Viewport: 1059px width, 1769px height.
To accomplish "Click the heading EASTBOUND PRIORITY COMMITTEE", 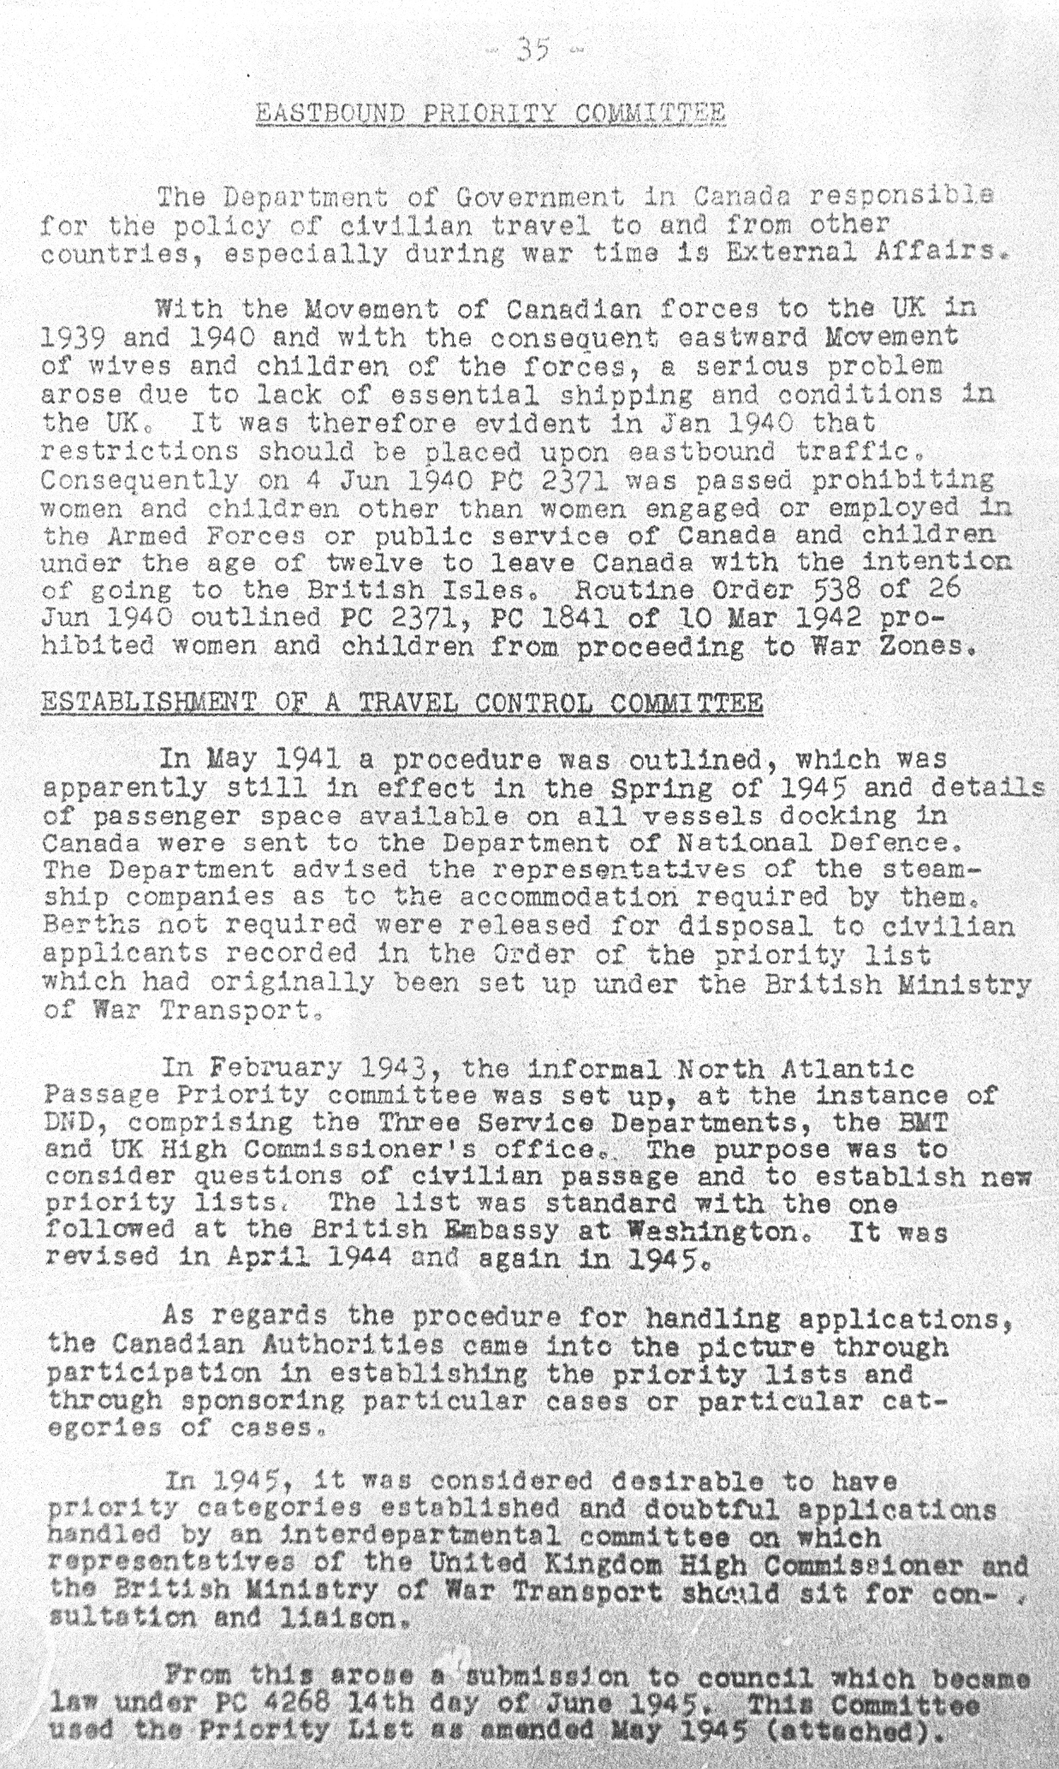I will pyautogui.click(x=491, y=114).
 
